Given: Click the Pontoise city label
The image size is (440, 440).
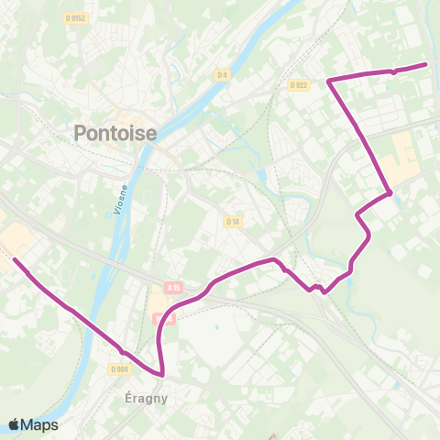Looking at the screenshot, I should [115, 134].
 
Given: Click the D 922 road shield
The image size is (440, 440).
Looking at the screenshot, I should [297, 85].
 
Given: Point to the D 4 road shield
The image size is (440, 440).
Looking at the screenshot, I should [221, 74].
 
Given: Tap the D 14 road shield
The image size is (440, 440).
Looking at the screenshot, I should [232, 221].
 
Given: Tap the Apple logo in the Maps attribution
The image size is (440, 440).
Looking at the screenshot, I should [14, 424].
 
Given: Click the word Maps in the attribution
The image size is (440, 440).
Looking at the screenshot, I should [39, 424].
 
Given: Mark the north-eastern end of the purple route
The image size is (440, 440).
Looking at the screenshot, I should [426, 64].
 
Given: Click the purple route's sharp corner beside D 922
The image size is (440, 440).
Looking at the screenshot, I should [329, 81].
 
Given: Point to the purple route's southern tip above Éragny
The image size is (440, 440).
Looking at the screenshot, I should [162, 374].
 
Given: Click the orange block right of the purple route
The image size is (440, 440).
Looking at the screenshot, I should [402, 156].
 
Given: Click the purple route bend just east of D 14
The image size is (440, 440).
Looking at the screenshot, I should [273, 260].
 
